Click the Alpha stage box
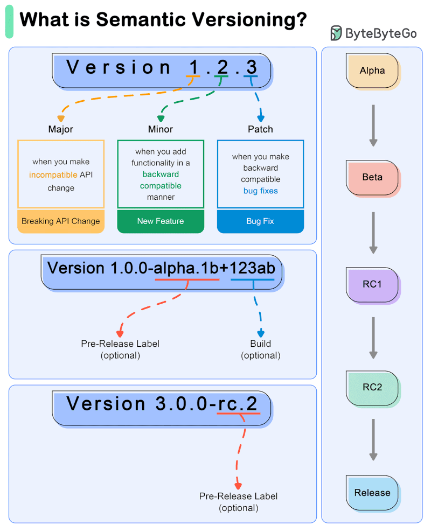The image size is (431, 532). (372, 71)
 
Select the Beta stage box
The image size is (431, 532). (372, 177)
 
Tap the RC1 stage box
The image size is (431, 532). (372, 284)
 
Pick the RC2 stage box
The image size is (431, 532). (372, 387)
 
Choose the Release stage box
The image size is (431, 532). (372, 492)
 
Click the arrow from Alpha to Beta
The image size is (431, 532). (373, 125)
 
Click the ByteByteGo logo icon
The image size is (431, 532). (336, 33)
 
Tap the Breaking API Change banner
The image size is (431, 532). (61, 221)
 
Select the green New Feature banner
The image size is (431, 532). (161, 221)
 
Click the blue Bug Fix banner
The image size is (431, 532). (260, 221)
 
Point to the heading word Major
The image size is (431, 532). (61, 129)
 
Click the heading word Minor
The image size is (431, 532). (161, 129)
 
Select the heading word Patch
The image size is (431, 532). (260, 129)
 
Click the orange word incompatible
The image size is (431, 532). (53, 175)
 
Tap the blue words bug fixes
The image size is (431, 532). (260, 191)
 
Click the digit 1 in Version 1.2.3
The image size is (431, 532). (193, 67)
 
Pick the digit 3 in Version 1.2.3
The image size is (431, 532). (251, 67)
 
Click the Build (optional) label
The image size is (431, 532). (261, 349)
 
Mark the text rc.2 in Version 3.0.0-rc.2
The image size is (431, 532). (238, 403)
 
